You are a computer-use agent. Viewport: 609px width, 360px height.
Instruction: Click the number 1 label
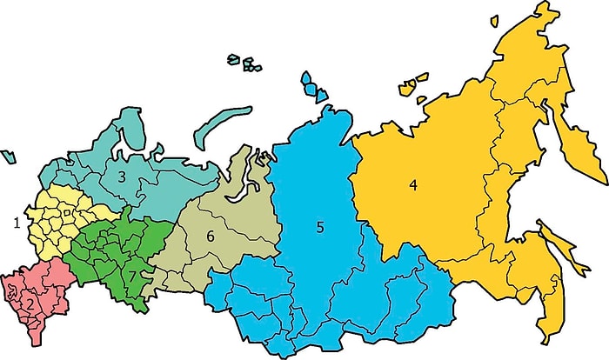click(x=16, y=223)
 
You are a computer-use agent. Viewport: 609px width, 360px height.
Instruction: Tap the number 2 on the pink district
click(x=30, y=303)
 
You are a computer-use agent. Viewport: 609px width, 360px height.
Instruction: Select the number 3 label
click(x=123, y=177)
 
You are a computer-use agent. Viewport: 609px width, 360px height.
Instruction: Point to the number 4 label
click(x=414, y=184)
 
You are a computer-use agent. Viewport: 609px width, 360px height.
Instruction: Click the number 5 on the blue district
click(x=320, y=227)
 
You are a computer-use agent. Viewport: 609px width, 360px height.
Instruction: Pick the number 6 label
click(x=210, y=235)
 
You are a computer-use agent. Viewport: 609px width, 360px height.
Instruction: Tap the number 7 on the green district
click(x=132, y=276)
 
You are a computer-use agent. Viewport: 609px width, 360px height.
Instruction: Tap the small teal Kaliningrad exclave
click(x=8, y=157)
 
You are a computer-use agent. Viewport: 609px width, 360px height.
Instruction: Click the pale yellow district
click(x=65, y=213)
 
